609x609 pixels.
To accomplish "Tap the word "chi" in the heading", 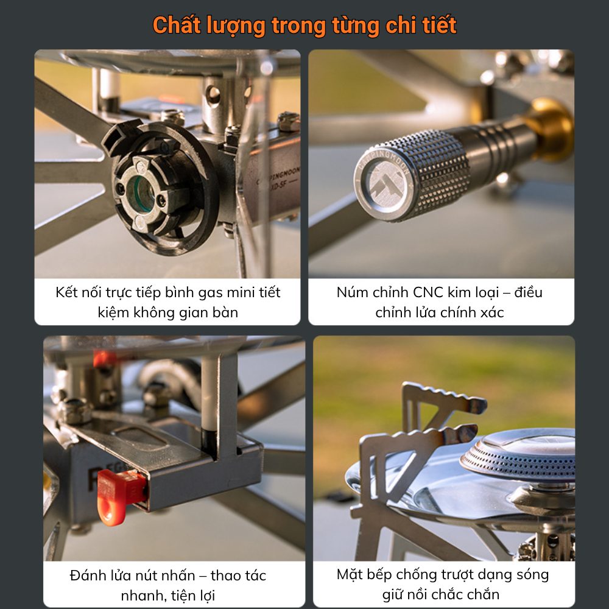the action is coord(400,25).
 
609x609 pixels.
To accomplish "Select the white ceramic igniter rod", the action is coord(208,392).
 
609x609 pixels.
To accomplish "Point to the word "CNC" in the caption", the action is coord(428,292).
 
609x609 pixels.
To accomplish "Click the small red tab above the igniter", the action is coord(104,359).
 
